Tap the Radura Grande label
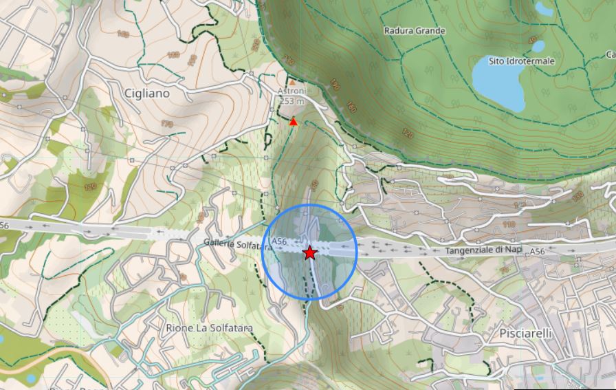click(415, 31)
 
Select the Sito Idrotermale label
click(521, 61)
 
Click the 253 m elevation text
click(291, 101)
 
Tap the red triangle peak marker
click(294, 122)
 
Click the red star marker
click(309, 253)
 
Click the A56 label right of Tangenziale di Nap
click(537, 252)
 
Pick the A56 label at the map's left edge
click(4, 225)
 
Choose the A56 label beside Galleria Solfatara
click(279, 241)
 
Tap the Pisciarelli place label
click(523, 334)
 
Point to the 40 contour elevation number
click(532, 40)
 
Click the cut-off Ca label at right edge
click(610, 54)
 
